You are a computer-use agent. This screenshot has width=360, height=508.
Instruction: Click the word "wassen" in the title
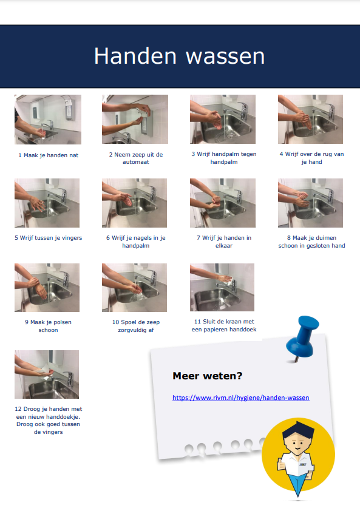click(225, 56)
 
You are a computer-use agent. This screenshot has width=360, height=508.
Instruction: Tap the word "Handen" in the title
click(135, 56)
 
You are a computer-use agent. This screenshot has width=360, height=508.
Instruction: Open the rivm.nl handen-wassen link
click(241, 398)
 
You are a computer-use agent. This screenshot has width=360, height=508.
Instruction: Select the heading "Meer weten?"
click(208, 376)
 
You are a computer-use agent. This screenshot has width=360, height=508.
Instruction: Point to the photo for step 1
click(48, 119)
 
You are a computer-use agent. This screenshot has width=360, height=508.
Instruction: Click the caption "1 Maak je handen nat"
click(49, 155)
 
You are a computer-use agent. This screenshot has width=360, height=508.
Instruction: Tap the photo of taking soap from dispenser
click(135, 119)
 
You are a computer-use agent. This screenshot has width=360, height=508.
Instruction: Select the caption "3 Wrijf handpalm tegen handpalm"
click(224, 158)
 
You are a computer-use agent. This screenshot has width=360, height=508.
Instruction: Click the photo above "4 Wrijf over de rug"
click(310, 119)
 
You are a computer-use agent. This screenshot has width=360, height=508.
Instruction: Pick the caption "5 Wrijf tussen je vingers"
click(49, 238)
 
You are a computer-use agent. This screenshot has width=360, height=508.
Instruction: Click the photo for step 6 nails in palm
click(135, 203)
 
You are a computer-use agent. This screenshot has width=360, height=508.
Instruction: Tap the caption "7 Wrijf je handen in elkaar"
click(224, 242)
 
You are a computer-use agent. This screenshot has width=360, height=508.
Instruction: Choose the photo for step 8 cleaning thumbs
click(310, 203)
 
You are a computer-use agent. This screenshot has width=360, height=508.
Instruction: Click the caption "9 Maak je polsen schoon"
click(49, 326)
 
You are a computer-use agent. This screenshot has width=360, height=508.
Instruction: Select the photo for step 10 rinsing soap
click(135, 288)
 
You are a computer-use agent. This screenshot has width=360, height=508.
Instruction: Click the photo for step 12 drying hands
click(47, 374)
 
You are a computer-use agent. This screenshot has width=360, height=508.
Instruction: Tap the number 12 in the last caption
click(18, 409)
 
